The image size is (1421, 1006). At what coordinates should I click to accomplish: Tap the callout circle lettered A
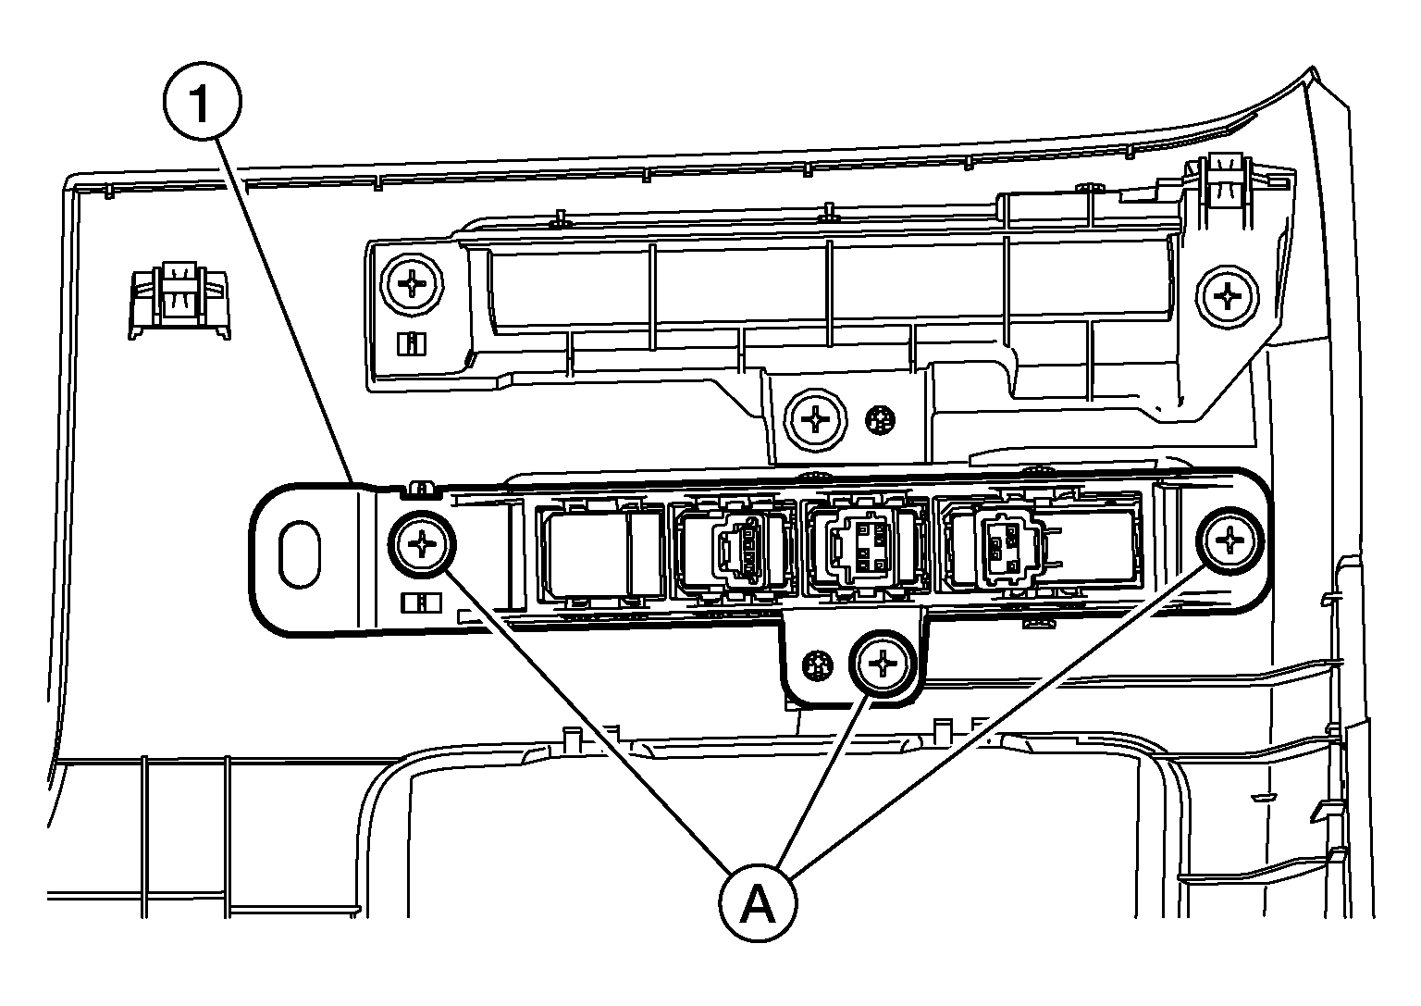pos(758,902)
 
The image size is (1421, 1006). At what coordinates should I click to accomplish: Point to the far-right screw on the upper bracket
pos(1229,297)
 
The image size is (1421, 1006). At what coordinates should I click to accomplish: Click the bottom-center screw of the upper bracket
pos(817,420)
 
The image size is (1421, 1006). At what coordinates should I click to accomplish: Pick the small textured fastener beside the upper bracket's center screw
pos(880,421)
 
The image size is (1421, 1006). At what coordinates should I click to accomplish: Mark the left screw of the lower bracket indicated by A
pos(423,545)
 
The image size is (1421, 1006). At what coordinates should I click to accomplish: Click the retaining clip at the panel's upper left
pos(180,299)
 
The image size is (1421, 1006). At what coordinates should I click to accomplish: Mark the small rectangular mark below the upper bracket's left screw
pos(410,344)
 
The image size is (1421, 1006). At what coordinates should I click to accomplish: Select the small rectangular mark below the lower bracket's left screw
pos(421,602)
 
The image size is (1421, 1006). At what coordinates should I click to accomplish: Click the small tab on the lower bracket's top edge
pos(421,486)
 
